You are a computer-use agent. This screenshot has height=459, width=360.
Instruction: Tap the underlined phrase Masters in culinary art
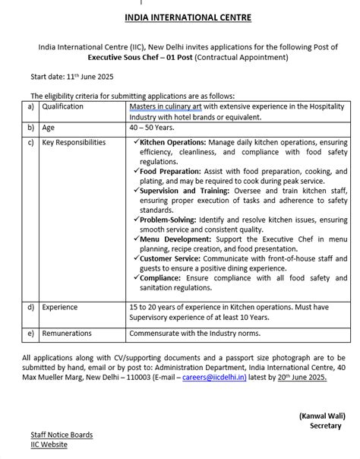pyautogui.click(x=168, y=107)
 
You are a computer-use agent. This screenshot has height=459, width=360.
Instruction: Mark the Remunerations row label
pyautogui.click(x=67, y=334)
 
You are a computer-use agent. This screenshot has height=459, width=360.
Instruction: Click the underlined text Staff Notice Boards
pyautogui.click(x=62, y=435)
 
